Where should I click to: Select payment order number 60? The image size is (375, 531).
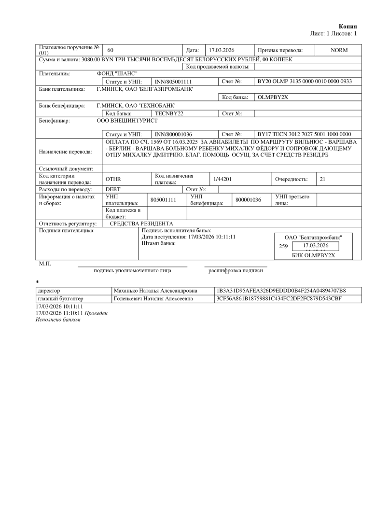(110, 50)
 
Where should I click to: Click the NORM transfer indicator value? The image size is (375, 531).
(339, 50)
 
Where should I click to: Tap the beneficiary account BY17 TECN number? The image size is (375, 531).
(305, 134)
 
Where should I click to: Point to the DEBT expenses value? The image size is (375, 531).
(113, 189)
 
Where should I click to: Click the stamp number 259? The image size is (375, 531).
(283, 246)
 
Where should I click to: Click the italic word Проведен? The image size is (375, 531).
(96, 313)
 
